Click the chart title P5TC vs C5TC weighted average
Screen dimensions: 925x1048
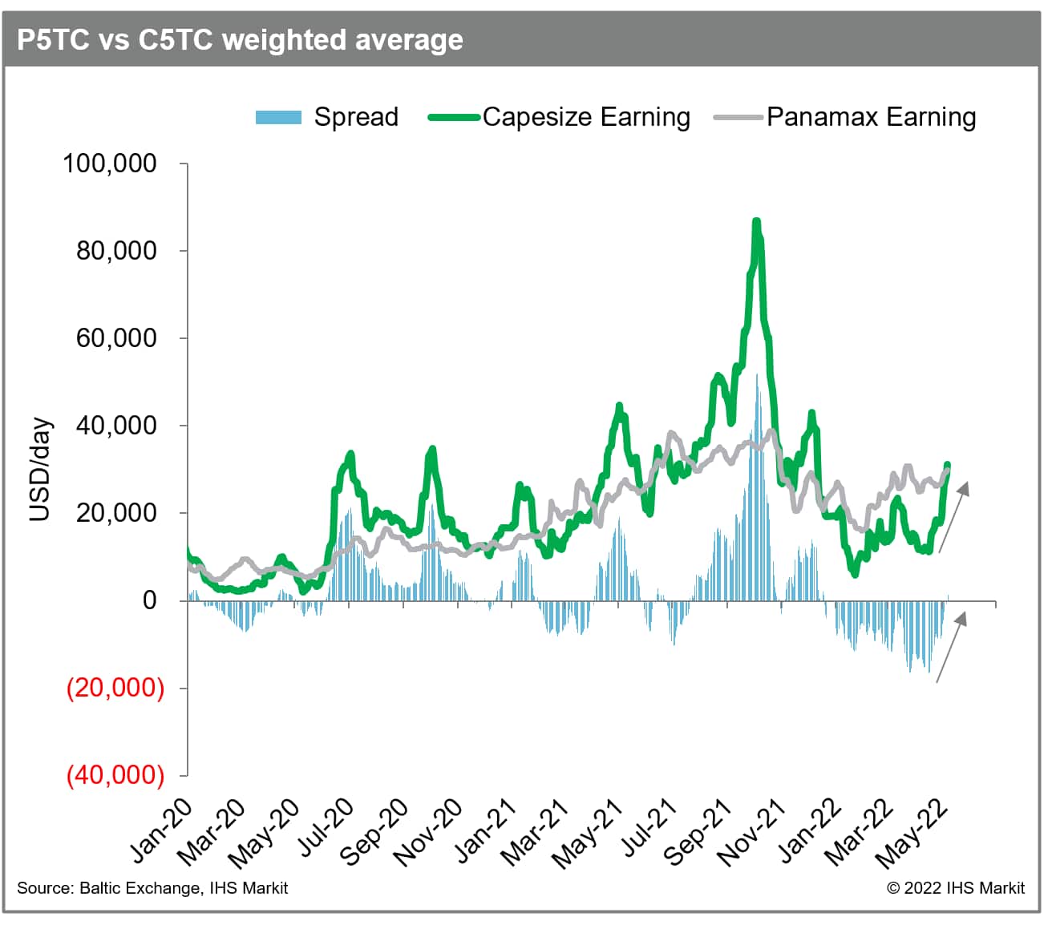[x=240, y=39]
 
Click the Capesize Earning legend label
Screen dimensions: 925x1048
[x=586, y=117]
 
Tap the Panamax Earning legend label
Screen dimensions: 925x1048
[x=871, y=117]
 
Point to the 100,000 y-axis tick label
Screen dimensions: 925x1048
[x=110, y=164]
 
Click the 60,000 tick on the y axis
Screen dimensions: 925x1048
[x=116, y=338]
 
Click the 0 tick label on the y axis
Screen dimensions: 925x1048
[x=150, y=600]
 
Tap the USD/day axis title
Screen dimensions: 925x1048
[x=39, y=471]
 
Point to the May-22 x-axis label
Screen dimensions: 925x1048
[x=912, y=834]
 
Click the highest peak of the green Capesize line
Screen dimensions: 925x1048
[x=755, y=222]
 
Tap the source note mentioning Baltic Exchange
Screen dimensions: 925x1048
[x=152, y=888]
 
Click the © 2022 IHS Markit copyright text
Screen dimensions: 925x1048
[x=955, y=888]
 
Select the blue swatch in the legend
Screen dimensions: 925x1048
[x=278, y=117]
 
